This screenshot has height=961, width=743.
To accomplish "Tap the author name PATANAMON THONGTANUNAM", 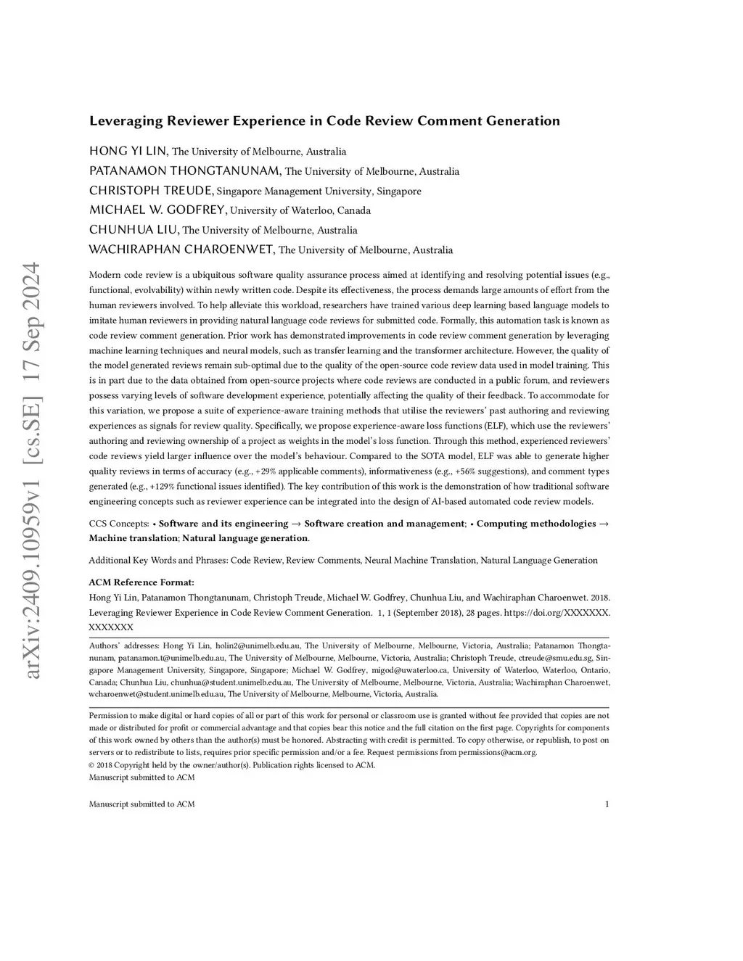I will (x=185, y=171).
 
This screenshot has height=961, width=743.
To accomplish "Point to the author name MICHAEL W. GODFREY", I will (x=157, y=210).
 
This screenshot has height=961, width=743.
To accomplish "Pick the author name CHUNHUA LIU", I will (x=134, y=230).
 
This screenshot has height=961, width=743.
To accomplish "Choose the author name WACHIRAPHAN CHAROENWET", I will (x=181, y=249).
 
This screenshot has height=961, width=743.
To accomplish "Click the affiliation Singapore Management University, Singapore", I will (x=319, y=191).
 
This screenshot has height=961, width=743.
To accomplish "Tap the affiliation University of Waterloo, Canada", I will (x=300, y=211).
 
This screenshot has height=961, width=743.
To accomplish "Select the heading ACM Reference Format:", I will (x=141, y=582).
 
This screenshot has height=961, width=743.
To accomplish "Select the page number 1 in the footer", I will (x=607, y=804).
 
